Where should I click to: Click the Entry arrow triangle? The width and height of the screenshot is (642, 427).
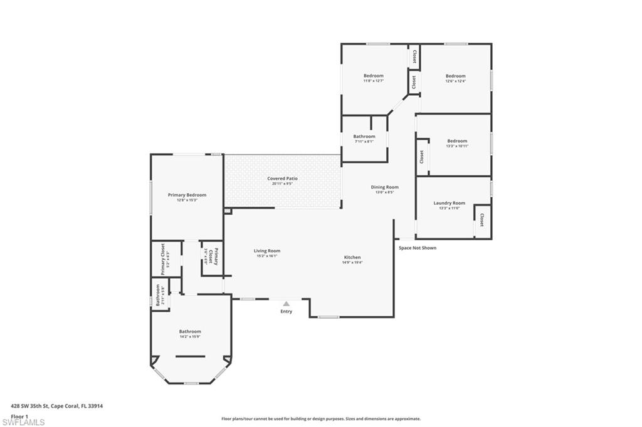[286, 304]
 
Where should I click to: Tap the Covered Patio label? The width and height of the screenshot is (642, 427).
[282, 178]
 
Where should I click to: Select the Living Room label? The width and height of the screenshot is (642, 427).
[267, 250]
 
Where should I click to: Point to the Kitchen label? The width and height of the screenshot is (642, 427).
[352, 257]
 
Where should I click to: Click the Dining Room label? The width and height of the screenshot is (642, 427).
[384, 187]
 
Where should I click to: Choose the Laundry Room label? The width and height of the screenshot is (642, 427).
[449, 203]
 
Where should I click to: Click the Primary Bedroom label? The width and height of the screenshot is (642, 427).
[187, 195]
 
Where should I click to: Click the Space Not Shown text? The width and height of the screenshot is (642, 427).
[418, 248]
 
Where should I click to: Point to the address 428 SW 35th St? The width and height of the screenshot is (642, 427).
[57, 406]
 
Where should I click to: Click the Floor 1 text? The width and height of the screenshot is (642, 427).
[19, 416]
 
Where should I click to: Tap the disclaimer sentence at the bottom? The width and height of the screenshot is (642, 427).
[320, 419]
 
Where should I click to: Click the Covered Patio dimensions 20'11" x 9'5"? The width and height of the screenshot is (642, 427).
[282, 184]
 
